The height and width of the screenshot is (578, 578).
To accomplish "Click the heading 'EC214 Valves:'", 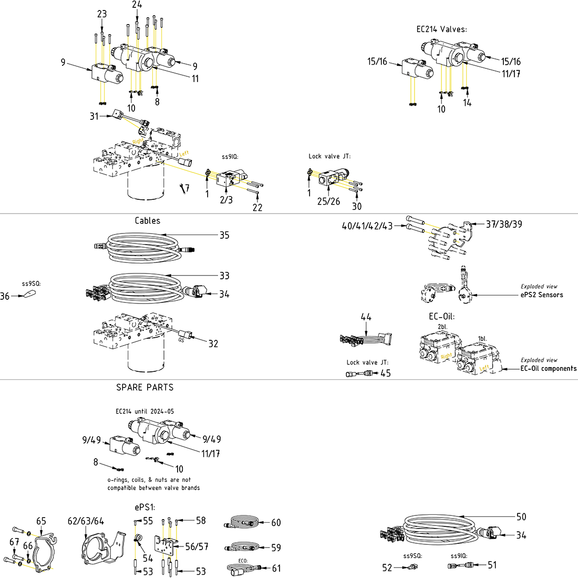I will point(441,29).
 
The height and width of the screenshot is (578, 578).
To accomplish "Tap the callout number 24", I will point(137,5).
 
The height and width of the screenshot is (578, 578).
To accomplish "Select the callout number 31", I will point(94,116).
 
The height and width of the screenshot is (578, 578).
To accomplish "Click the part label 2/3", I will point(226,200).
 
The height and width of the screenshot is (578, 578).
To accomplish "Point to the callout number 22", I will point(257,208).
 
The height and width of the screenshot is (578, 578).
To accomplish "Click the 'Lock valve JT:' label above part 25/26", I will point(329,156).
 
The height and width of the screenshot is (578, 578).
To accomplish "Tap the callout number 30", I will point(357,207).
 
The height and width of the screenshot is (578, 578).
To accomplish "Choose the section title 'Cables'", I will point(147,221).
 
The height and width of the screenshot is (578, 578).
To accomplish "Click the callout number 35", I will point(224,235).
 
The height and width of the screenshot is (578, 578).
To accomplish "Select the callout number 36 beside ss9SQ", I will point(5,297).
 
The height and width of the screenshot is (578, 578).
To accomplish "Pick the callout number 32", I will point(213,344).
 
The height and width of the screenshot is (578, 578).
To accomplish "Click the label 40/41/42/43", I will point(367,227).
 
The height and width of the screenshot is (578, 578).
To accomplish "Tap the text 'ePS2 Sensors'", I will point(541,295).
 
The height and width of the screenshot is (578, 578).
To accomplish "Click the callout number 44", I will point(366,317).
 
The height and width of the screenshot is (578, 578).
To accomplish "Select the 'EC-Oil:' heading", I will point(441,317).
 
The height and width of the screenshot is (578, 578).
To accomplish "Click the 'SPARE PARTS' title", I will point(145,388).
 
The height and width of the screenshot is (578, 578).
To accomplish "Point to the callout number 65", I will point(41,522).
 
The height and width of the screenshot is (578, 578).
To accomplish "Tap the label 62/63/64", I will point(86,522).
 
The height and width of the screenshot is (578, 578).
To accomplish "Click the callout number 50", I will point(521,517).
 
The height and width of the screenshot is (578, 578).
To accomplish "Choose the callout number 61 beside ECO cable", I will point(276,569).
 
